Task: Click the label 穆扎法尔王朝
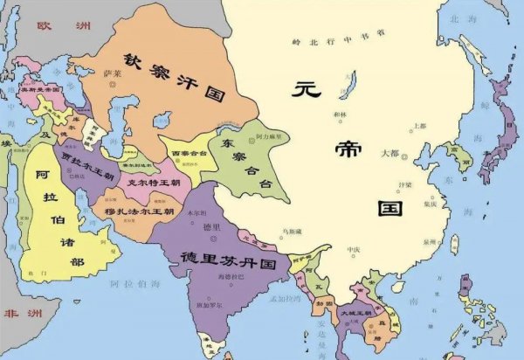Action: [138, 211]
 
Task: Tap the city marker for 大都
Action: [405, 156]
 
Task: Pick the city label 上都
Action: [420, 126]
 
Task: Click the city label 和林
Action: [340, 114]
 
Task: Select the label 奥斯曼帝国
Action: [40, 89]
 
